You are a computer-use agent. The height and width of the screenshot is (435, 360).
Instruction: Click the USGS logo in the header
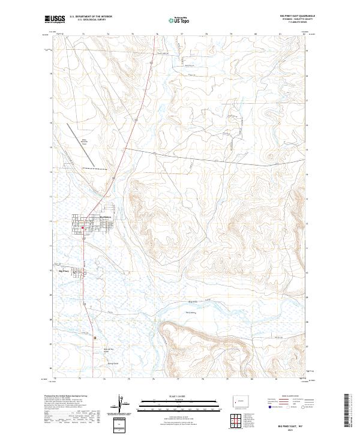pyautogui.click(x=55, y=19)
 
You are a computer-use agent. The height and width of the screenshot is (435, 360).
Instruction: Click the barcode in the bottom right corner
pyautogui.click(x=351, y=411)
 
